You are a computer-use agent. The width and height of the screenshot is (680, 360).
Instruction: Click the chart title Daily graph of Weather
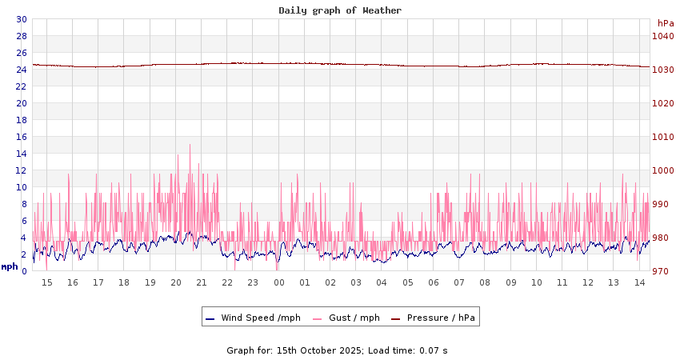coord(340,10)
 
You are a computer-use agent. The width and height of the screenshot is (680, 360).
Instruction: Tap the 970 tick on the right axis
coord(662,271)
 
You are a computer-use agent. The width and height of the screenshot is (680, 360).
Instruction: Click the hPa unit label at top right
coord(666,23)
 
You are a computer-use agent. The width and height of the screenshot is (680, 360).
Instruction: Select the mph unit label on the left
coord(10,266)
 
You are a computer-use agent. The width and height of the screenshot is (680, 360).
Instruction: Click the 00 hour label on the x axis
coord(278,282)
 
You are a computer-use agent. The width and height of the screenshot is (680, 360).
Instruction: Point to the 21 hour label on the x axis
coord(201,282)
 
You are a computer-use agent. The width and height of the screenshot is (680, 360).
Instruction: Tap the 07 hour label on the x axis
coord(459,282)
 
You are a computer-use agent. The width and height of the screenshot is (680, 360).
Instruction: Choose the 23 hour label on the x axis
coord(253,282)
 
